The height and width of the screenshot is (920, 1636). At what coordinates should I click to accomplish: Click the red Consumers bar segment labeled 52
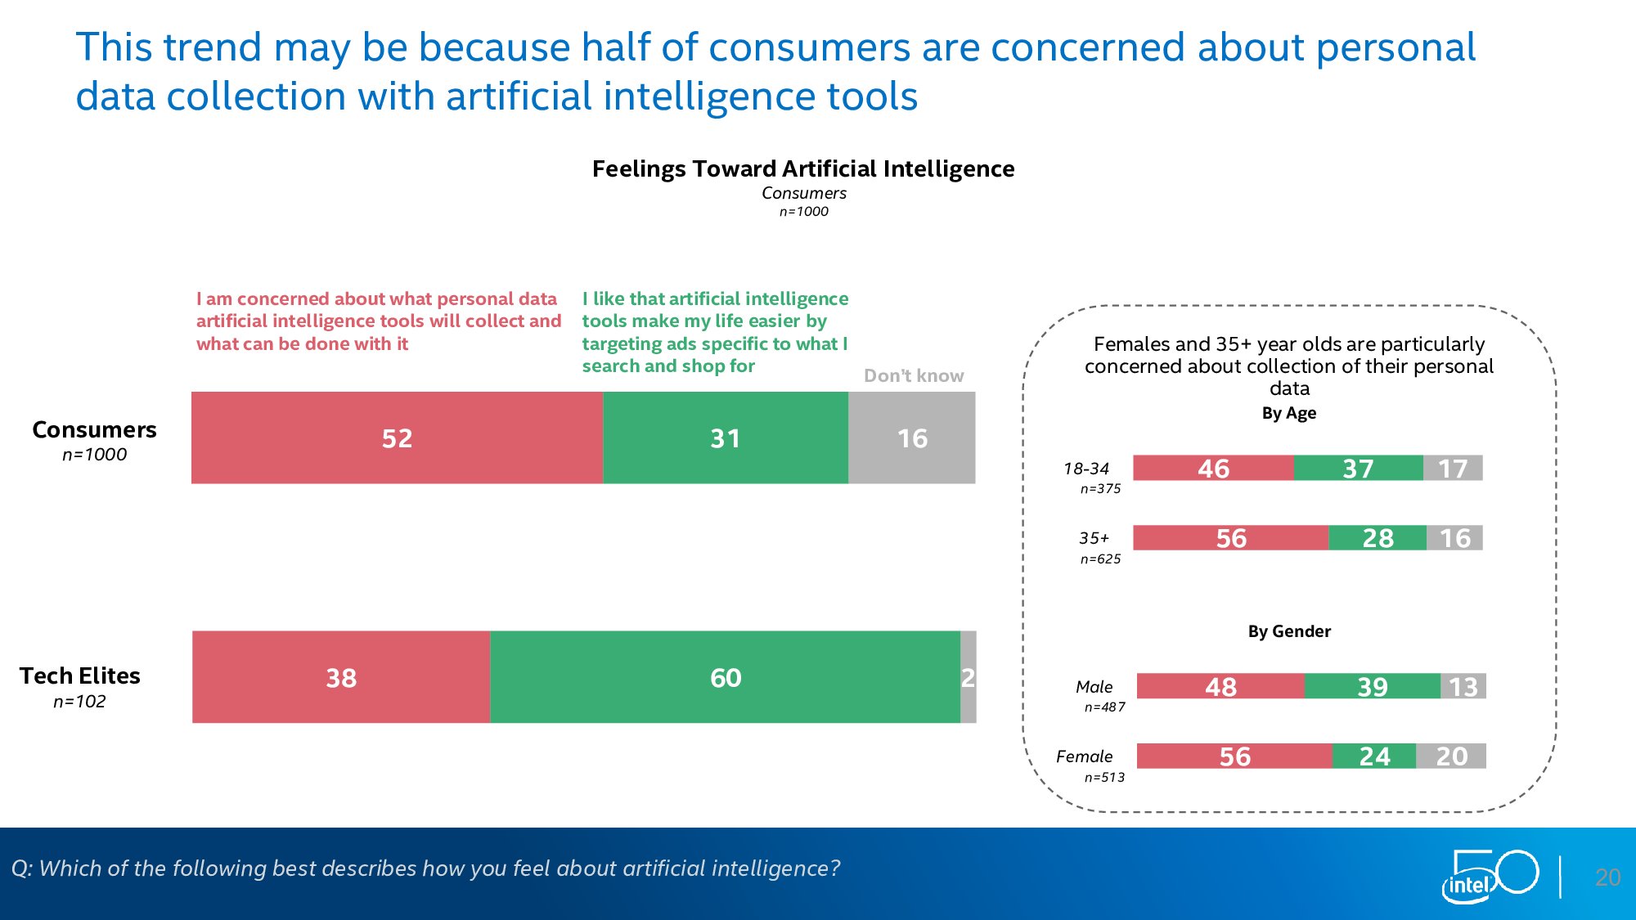397,438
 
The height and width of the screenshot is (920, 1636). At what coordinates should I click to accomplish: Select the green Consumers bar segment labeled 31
725,438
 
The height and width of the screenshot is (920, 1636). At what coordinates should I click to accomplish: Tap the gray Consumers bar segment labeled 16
911,438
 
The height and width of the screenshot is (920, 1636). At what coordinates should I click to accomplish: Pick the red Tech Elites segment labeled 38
341,677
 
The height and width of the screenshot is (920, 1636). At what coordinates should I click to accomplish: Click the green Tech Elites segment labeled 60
725,677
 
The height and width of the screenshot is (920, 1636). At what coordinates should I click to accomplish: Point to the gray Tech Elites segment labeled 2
969,677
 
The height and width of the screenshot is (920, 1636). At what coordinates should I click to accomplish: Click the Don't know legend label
914,375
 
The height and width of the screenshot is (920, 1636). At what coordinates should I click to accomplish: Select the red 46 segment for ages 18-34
1213,468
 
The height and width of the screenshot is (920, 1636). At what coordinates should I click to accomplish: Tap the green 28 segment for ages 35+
1378,538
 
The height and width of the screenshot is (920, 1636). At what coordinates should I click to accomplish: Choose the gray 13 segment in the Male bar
1463,686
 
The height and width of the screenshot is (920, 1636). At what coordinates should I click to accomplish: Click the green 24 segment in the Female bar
1374,756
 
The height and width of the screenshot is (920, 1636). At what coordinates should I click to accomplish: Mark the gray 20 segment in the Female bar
1451,756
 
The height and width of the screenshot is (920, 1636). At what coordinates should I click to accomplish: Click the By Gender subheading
1289,631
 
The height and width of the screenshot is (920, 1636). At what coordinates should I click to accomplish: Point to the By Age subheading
1289,413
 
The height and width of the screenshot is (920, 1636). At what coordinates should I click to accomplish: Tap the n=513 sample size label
1104,777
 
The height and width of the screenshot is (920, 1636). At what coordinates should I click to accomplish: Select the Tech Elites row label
80,676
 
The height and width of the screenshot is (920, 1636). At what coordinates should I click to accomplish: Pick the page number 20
1607,877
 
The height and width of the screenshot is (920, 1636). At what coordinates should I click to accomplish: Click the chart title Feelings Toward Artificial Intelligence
803,168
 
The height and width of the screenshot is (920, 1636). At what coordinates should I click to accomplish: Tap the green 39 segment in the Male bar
1373,686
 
